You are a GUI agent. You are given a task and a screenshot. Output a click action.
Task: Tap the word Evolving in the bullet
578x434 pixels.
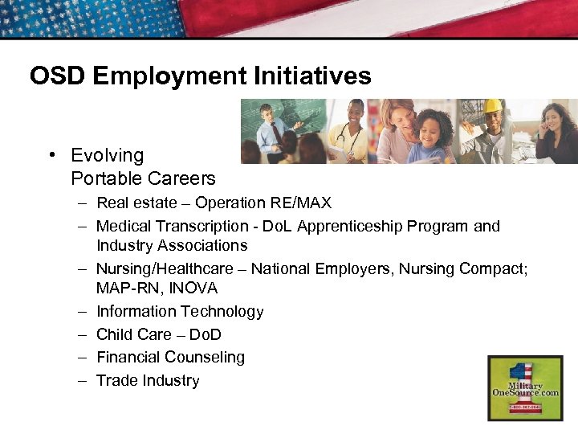[x=108, y=155]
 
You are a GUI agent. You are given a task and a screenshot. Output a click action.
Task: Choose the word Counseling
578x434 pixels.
[x=206, y=357]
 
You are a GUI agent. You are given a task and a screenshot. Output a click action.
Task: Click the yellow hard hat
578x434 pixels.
[x=492, y=106]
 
